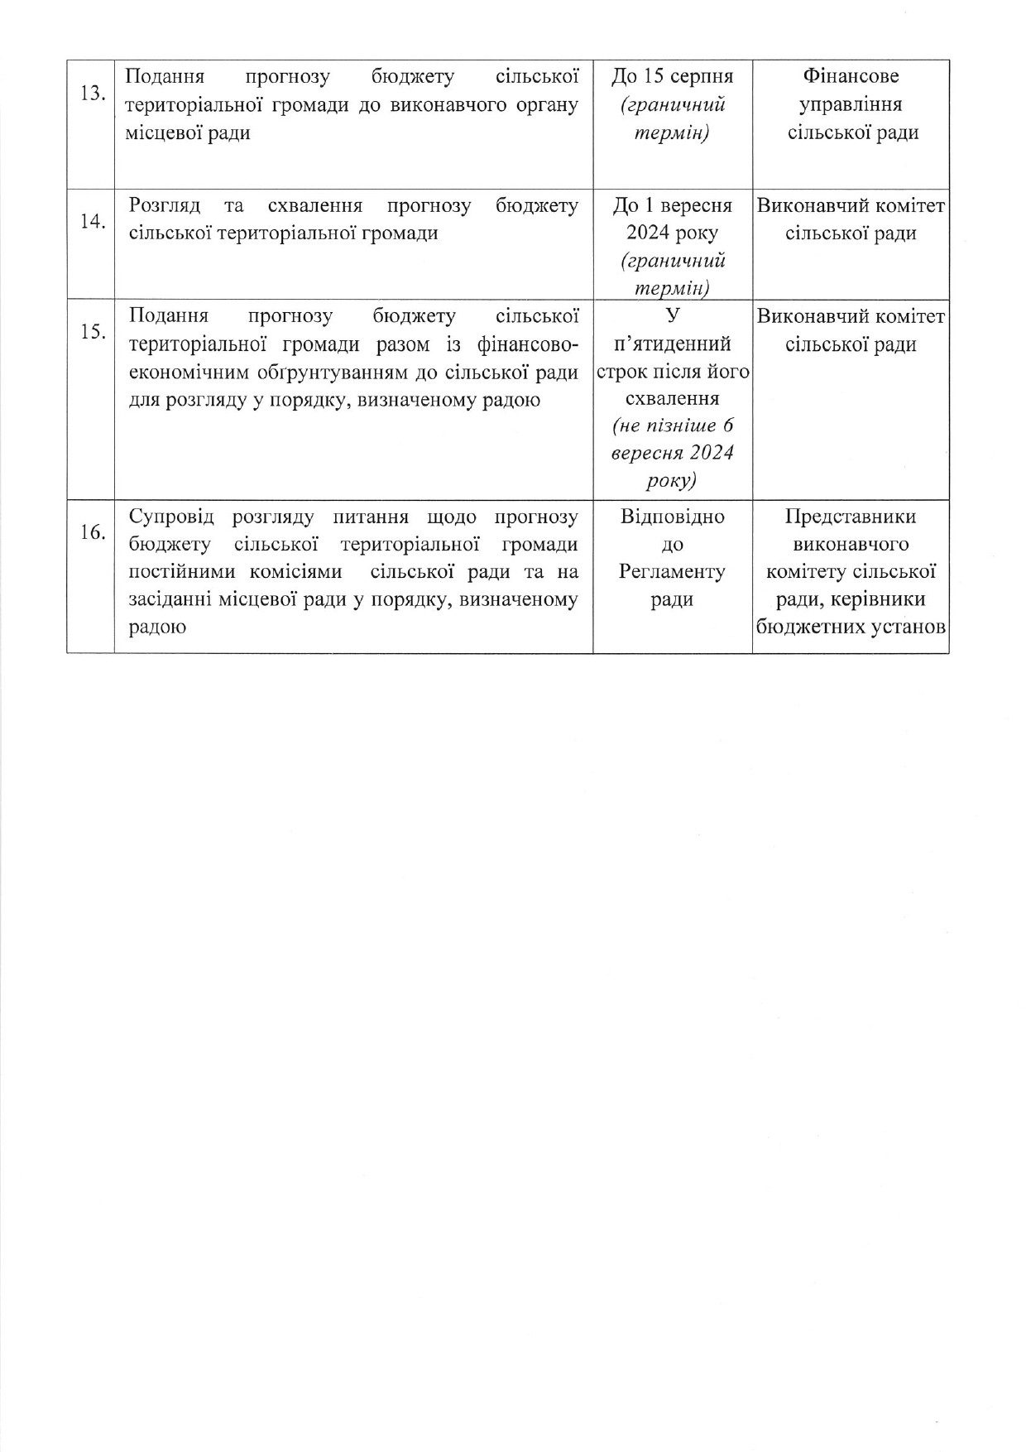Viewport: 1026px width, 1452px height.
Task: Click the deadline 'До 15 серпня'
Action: tap(672, 77)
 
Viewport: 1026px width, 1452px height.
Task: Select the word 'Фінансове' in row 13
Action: tap(851, 77)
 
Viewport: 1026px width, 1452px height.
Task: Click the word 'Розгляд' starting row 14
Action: tap(165, 206)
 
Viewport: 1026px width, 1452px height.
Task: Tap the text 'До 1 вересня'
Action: tap(672, 206)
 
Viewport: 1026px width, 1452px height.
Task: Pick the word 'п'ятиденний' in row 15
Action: tap(672, 344)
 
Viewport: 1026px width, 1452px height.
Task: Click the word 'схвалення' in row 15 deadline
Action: tap(672, 398)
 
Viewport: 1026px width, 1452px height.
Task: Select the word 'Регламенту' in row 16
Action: tap(672, 572)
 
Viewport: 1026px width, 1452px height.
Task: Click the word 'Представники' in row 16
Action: tap(851, 517)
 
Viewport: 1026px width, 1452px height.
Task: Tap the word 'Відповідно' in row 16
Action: tap(672, 517)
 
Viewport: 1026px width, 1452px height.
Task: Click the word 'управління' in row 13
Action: tap(851, 105)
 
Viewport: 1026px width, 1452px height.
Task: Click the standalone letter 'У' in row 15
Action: tap(672, 315)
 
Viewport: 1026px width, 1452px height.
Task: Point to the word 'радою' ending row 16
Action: tap(157, 627)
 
